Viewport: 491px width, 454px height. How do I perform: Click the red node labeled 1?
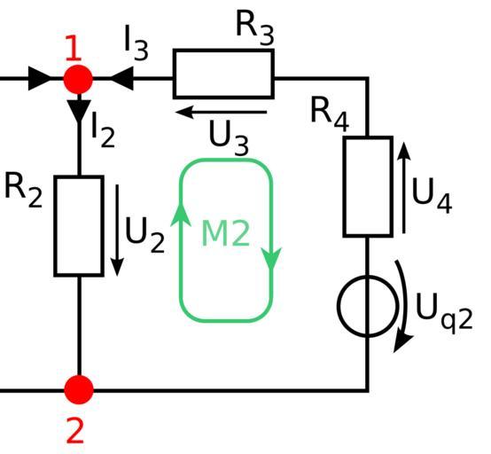pyautogui.click(x=78, y=79)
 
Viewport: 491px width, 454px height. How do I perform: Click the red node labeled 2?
pyautogui.click(x=79, y=390)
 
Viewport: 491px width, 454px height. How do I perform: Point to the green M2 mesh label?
pyautogui.click(x=225, y=233)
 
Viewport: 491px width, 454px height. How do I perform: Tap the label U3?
pyautogui.click(x=229, y=137)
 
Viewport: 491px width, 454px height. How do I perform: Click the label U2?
pyautogui.click(x=144, y=235)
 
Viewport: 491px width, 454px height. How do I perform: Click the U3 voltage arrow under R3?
pyautogui.click(x=221, y=112)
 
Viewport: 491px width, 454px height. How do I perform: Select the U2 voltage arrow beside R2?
pyautogui.click(x=117, y=231)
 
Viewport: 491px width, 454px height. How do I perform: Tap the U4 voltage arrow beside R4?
pyautogui.click(x=404, y=188)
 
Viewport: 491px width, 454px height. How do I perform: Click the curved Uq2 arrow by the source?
pyautogui.click(x=405, y=306)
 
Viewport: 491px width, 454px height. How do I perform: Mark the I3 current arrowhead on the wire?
pyautogui.click(x=121, y=79)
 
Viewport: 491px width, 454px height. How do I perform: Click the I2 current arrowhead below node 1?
pyautogui.click(x=79, y=111)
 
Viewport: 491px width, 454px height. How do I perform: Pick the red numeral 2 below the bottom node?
pyautogui.click(x=75, y=432)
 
